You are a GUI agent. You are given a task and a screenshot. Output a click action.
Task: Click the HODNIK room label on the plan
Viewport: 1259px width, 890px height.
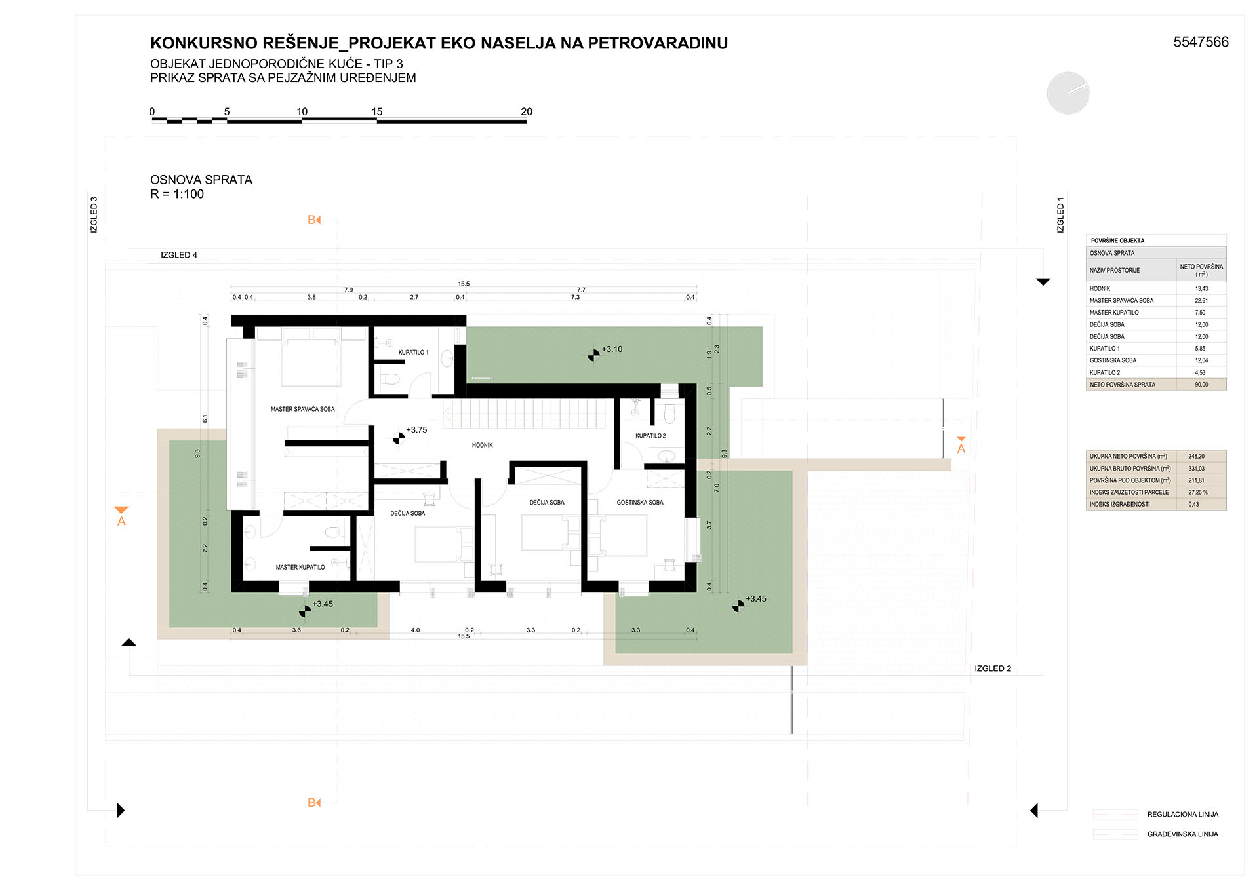(482, 445)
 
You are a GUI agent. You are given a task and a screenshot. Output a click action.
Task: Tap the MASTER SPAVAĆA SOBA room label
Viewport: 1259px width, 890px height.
(302, 409)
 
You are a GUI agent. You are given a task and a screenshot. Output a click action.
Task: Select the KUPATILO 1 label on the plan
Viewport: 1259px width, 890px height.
(413, 352)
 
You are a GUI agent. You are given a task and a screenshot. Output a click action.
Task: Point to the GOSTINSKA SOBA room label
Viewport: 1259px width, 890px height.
(639, 503)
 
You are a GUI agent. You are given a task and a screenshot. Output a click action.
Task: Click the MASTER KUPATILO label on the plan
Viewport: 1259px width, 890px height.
(300, 567)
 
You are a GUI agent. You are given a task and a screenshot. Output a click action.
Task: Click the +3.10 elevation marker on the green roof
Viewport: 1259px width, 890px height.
(593, 355)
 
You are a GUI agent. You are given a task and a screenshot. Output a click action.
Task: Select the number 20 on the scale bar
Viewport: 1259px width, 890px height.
(527, 111)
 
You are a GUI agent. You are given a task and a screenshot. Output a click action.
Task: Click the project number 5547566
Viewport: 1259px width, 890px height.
(1201, 42)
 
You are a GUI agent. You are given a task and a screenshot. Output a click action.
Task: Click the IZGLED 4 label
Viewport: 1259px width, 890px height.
(179, 255)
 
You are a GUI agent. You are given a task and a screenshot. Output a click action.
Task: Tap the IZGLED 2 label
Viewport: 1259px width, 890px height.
(993, 668)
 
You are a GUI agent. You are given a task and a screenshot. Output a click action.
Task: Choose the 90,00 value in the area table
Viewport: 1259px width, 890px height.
(1201, 385)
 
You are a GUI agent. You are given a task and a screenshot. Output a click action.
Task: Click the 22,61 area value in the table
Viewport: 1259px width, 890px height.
(1201, 301)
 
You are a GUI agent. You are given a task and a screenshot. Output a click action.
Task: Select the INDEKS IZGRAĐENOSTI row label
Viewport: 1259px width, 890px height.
(1119, 505)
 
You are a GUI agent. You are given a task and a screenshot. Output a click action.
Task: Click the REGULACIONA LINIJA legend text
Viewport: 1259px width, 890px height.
(1183, 815)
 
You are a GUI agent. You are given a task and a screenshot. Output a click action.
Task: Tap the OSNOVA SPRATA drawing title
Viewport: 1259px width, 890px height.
(201, 180)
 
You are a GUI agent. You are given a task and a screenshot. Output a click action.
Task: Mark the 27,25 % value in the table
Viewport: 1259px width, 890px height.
(1198, 492)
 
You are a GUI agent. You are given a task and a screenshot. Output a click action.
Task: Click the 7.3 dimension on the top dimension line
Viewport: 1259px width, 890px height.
(575, 298)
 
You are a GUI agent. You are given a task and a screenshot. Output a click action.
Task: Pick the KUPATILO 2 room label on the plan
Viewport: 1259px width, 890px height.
(650, 436)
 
